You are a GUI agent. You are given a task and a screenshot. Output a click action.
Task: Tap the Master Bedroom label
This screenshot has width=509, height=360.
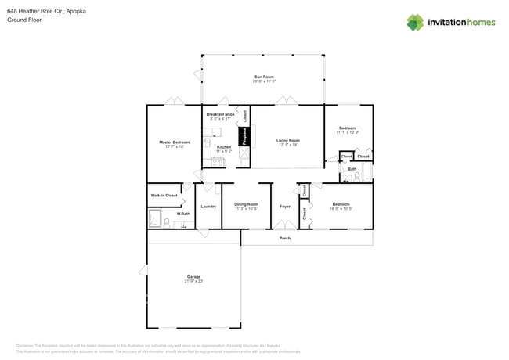(175, 143)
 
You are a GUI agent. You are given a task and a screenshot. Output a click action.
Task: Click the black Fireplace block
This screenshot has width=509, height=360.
(244, 136)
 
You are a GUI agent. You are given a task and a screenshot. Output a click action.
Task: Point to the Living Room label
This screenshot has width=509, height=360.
(288, 142)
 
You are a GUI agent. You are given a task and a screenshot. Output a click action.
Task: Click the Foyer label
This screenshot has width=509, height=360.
(285, 207)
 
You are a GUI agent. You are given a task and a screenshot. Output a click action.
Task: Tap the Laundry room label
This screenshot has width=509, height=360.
(208, 207)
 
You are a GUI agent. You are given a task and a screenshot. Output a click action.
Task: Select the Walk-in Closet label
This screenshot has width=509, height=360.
(164, 195)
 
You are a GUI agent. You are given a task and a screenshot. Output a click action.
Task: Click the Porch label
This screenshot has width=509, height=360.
(285, 238)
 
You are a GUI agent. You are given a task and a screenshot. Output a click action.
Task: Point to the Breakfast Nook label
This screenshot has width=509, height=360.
(220, 115)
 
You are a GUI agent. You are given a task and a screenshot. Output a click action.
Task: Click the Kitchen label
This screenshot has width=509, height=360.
(224, 147)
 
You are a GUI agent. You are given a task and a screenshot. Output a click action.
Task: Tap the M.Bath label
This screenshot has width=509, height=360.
(183, 214)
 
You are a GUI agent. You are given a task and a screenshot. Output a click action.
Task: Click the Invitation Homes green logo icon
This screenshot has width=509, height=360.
(415, 22)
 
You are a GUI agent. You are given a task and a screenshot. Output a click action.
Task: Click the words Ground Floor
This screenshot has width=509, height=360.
(24, 20)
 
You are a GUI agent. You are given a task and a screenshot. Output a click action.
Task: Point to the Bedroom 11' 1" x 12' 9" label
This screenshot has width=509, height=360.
(348, 129)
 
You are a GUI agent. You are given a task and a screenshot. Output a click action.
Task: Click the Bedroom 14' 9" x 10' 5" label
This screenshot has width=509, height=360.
(341, 206)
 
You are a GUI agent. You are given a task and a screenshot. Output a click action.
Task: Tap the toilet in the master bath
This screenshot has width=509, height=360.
(167, 221)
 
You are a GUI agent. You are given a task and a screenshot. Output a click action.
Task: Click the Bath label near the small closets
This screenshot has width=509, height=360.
(352, 169)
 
